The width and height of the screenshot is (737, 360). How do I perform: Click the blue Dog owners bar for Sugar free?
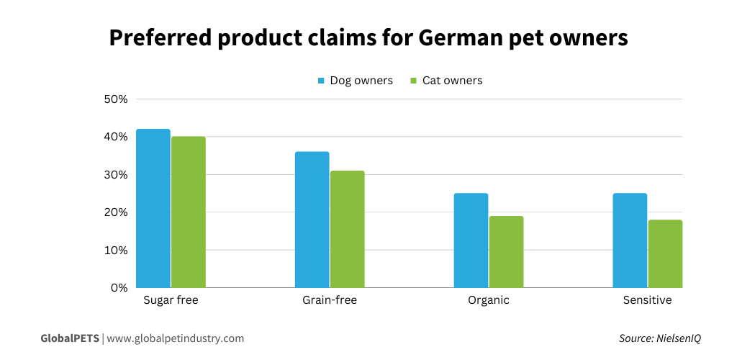tap(153, 209)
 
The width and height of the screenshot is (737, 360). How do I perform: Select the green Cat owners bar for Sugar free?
tap(189, 212)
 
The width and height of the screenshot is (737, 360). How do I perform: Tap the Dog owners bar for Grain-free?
tap(312, 220)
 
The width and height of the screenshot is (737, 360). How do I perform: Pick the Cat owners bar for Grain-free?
tap(347, 229)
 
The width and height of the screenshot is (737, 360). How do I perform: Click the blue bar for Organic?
tap(471, 240)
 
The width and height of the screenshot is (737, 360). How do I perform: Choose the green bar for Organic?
tap(506, 252)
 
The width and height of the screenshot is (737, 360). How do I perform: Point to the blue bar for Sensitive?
tap(630, 240)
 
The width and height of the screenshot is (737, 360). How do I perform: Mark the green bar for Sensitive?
tap(665, 253)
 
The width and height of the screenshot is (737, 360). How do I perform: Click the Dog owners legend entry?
tap(355, 81)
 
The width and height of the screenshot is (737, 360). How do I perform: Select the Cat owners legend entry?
tap(446, 81)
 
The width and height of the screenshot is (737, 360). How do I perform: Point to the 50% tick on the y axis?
tap(116, 99)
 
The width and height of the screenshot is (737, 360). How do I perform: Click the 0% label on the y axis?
tap(119, 287)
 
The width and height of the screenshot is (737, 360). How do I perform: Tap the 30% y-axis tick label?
tap(116, 174)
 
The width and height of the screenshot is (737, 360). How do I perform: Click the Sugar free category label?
tap(171, 300)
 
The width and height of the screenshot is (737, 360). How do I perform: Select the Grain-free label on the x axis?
tap(330, 300)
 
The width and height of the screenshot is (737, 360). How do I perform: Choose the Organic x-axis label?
tap(489, 300)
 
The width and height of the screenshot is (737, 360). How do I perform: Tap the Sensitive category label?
tap(647, 300)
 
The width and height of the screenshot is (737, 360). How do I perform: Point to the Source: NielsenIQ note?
tap(659, 338)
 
